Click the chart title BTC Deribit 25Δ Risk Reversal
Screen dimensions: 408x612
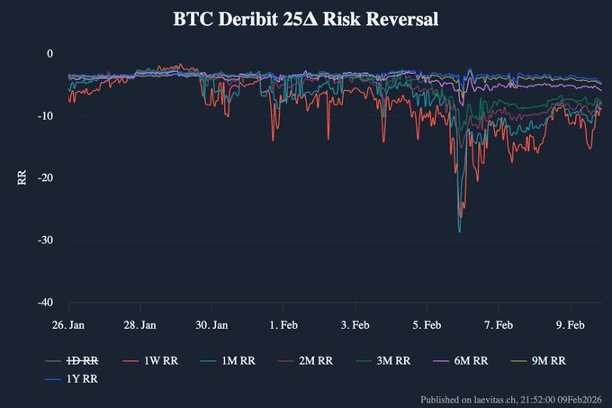coord(306,19)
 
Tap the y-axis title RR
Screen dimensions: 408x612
coord(22,177)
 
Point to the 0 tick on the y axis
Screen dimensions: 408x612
coord(50,54)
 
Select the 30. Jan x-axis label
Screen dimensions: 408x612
coord(211,324)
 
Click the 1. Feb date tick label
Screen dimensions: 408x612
coord(284,324)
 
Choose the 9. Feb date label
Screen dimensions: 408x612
coord(570,324)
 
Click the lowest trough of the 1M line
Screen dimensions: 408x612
coord(459,231)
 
